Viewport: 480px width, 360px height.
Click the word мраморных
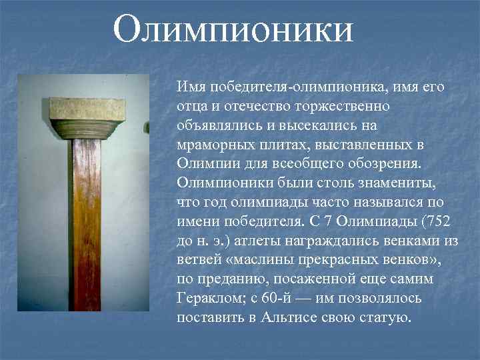click(213, 145)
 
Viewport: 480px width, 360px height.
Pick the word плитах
click(283, 145)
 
